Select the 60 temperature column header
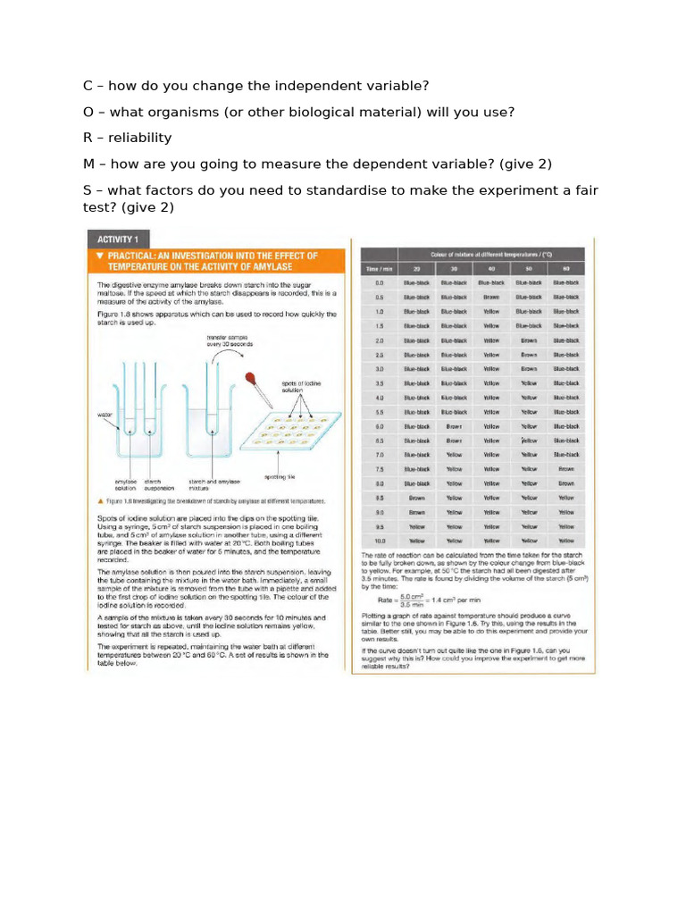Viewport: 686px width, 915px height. click(565, 267)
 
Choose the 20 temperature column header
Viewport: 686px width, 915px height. click(416, 267)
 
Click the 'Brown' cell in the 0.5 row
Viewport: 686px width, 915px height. click(490, 297)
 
